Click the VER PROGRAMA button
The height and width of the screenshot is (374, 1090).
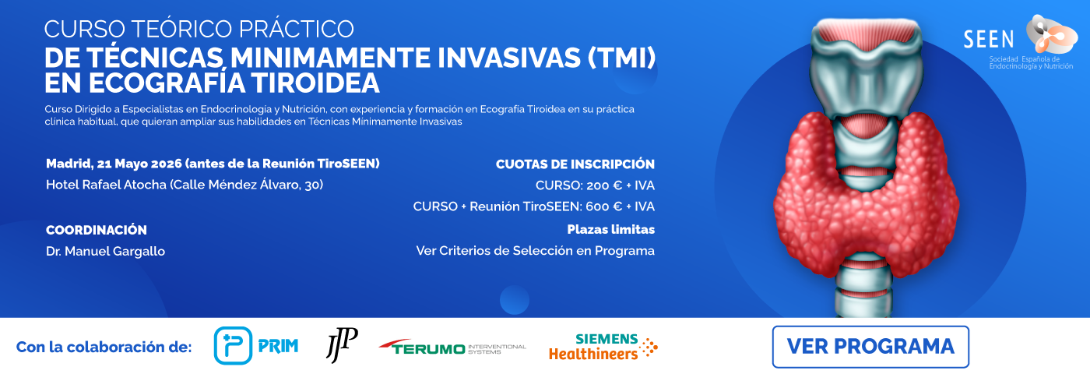[x=870, y=346]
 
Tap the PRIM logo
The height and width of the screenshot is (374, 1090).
[x=256, y=346]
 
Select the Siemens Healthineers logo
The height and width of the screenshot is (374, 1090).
[x=603, y=347]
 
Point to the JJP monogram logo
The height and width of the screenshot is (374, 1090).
[x=342, y=345]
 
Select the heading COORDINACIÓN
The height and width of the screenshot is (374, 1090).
[x=97, y=230]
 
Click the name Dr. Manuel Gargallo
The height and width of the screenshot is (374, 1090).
[x=106, y=251]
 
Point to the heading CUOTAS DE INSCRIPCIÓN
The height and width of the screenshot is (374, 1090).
[x=575, y=164]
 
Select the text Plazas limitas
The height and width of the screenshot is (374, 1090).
[x=610, y=230]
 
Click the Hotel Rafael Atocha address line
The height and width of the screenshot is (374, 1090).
[x=185, y=185]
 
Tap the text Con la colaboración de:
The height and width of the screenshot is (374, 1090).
[x=104, y=347]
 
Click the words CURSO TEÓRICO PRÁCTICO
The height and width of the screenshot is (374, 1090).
[x=199, y=29]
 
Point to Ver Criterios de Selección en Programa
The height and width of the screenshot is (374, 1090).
[x=535, y=251]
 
